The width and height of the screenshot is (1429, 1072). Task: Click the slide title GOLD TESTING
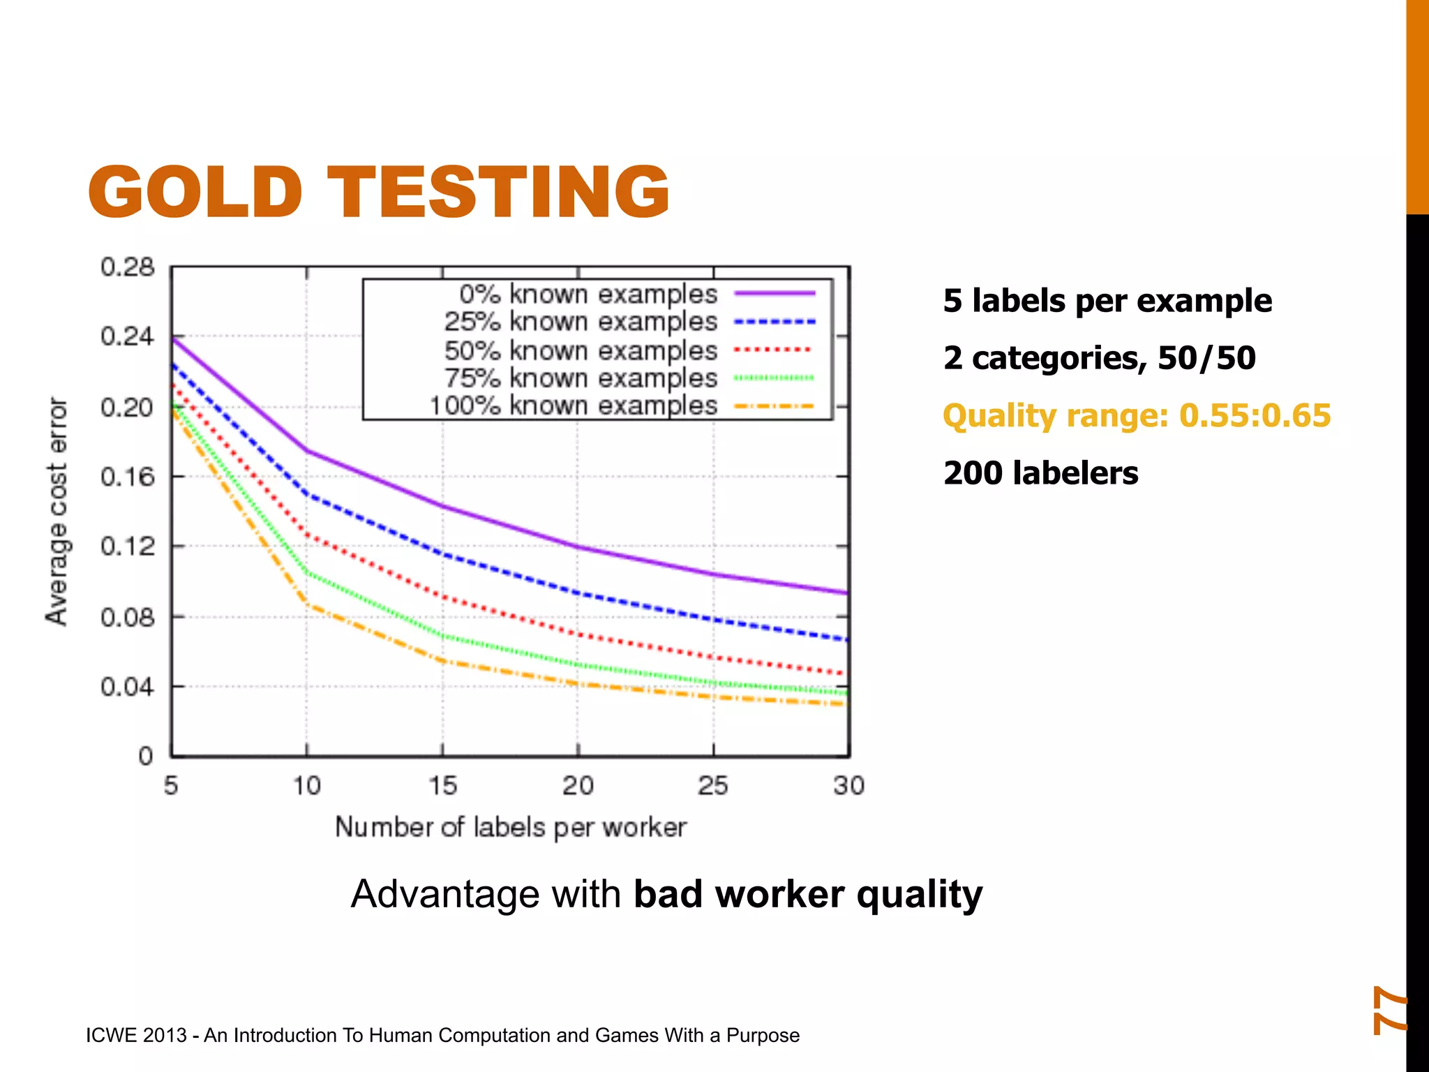pos(378,192)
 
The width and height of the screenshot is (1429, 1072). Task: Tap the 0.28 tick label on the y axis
pos(127,267)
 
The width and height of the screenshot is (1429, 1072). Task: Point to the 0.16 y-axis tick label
pos(127,477)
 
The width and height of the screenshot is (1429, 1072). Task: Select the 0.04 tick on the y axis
pos(127,687)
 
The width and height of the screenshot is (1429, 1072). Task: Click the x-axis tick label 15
pos(442,786)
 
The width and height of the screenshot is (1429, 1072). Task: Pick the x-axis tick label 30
pos(848,786)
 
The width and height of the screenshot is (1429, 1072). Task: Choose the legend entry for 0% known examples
pos(588,295)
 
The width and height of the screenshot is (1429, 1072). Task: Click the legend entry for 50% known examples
pos(581,350)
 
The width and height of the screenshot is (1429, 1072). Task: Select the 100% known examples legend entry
pos(573,405)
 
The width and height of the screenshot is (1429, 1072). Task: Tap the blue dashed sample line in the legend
pos(775,322)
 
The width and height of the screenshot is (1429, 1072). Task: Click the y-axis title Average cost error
pos(57,511)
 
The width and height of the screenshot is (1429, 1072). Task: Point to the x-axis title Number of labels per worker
pos(511,827)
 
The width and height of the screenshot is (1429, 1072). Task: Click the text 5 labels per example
pos(1107,301)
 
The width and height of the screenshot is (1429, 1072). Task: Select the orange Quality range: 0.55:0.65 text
pos(1137,415)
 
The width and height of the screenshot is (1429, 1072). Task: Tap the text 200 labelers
pos(1040,473)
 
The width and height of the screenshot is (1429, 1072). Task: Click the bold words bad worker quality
pos(808,894)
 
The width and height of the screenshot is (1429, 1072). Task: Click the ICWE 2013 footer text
pos(442,1035)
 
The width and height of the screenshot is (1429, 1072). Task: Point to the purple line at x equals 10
pos(307,451)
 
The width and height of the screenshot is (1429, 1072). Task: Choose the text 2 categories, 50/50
pos(1099,358)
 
